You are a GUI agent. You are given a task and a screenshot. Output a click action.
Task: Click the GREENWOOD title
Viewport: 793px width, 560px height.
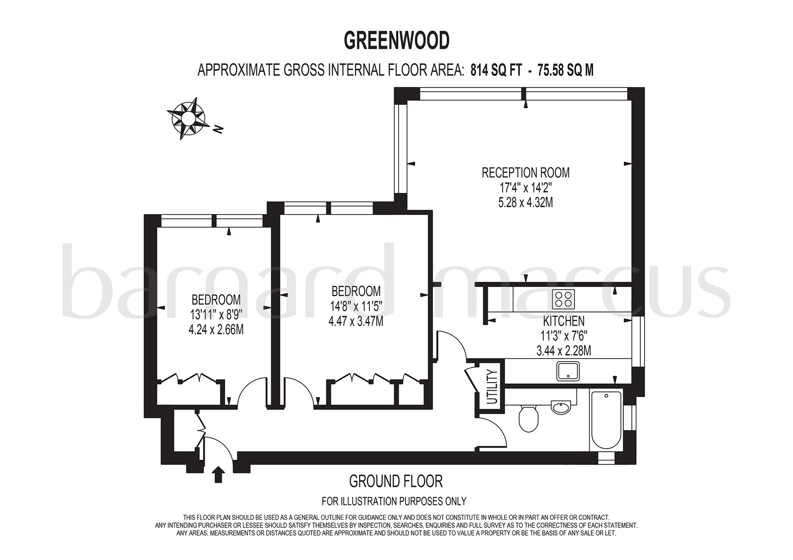pyautogui.click(x=396, y=41)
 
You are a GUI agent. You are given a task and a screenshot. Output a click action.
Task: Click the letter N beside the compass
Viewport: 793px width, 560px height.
pyautogui.click(x=219, y=130)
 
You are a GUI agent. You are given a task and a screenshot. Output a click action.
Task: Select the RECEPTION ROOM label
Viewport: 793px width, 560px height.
pyautogui.click(x=525, y=173)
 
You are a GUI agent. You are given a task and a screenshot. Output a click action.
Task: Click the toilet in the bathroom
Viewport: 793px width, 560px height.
pyautogui.click(x=528, y=419)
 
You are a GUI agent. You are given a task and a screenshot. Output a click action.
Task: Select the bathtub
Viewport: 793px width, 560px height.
pyautogui.click(x=606, y=420)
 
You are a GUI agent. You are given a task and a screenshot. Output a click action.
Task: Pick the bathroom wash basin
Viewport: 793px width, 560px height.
pyautogui.click(x=561, y=407)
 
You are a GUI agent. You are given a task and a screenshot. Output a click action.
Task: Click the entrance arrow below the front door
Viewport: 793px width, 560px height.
pyautogui.click(x=218, y=475)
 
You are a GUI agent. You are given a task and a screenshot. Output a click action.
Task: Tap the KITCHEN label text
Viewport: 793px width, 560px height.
pyautogui.click(x=563, y=321)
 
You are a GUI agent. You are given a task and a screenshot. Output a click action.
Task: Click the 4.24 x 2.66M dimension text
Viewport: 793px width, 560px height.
pyautogui.click(x=216, y=330)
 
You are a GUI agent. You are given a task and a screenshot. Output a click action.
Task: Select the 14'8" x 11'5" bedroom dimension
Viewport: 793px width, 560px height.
pyautogui.click(x=356, y=306)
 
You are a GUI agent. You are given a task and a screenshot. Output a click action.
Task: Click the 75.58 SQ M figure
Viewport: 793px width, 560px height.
pyautogui.click(x=565, y=70)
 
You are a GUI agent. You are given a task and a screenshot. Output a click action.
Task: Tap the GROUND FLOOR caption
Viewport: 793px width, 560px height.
pyautogui.click(x=396, y=481)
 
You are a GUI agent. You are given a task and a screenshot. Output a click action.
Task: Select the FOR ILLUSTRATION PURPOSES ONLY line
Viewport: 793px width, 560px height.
pyautogui.click(x=393, y=501)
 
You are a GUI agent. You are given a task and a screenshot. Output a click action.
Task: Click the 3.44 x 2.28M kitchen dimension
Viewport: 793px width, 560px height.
pyautogui.click(x=563, y=350)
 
